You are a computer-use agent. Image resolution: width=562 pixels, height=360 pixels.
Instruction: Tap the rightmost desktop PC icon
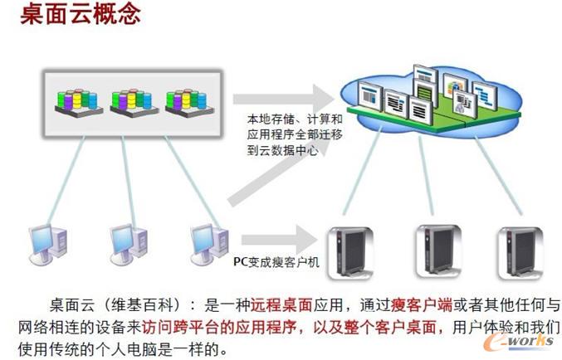tap(208, 241)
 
